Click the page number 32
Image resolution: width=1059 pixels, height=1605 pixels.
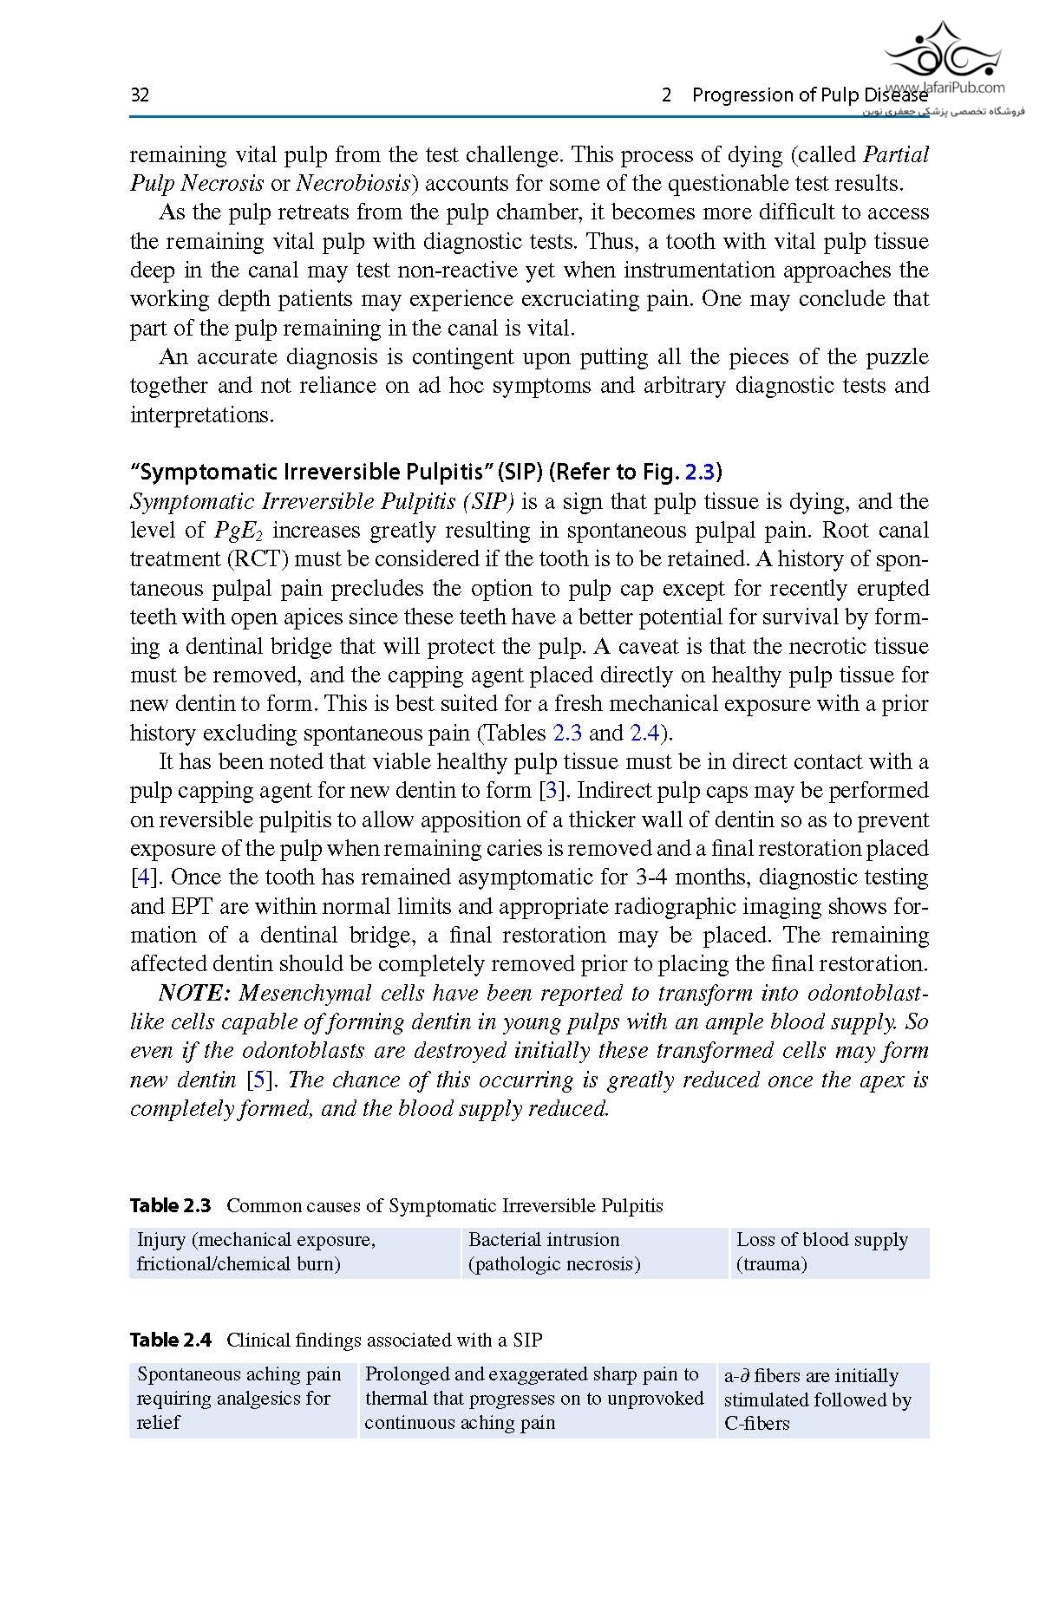pyautogui.click(x=140, y=95)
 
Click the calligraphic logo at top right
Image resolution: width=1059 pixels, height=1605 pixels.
pyautogui.click(x=942, y=51)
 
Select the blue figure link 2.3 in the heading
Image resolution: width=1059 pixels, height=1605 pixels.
pyautogui.click(x=700, y=473)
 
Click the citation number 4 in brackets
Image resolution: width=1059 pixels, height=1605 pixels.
pyautogui.click(x=142, y=878)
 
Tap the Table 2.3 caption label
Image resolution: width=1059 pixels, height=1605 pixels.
pyautogui.click(x=170, y=1206)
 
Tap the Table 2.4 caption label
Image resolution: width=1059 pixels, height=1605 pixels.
pyautogui.click(x=170, y=1341)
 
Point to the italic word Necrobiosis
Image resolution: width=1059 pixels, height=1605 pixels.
pyautogui.click(x=352, y=184)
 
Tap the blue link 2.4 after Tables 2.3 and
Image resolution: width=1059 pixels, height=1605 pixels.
pyautogui.click(x=644, y=734)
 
